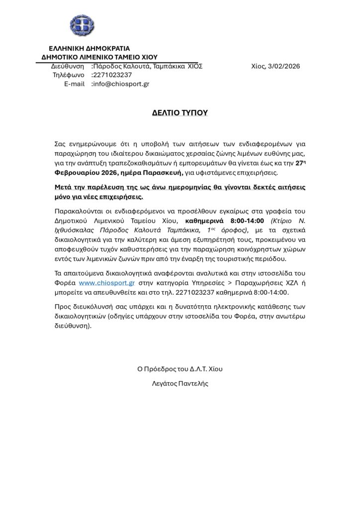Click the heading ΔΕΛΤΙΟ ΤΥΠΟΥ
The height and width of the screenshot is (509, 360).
(x=180, y=113)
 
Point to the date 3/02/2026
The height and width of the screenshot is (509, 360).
(x=284, y=67)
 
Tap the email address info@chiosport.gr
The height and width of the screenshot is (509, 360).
(x=121, y=85)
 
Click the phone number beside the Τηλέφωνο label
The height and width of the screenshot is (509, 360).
(x=112, y=76)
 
